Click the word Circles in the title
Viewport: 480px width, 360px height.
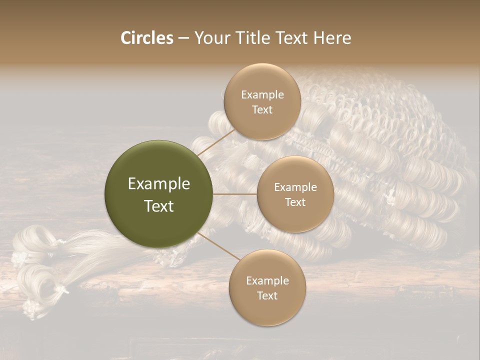point(146,38)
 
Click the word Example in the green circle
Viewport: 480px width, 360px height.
point(159,184)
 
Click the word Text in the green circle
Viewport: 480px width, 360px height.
point(159,206)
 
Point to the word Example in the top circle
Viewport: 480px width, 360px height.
point(262,95)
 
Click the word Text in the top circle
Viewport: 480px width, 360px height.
point(262,110)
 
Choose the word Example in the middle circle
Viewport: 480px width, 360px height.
point(295,187)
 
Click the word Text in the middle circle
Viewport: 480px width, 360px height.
point(295,202)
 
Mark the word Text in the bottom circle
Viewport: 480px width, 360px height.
point(267,296)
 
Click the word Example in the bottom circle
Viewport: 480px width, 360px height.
point(267,281)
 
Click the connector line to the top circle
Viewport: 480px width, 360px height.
point(216,142)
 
